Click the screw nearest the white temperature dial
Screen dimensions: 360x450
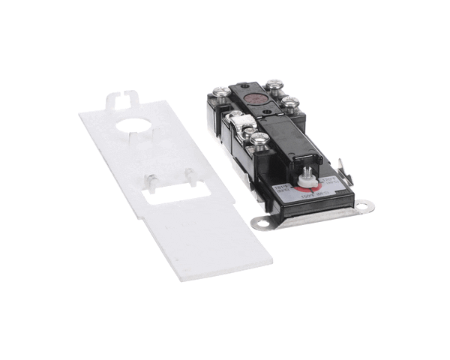point(259,139)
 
